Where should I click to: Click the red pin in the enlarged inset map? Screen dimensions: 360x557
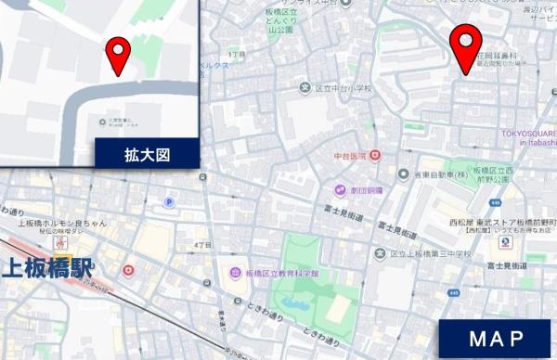click(x=118, y=54)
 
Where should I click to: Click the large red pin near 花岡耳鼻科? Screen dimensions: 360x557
click(x=465, y=46)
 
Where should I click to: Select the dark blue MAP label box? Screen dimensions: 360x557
click(x=497, y=339)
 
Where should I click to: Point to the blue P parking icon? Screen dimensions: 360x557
click(x=169, y=201)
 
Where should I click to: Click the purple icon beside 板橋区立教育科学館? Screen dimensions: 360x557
click(x=237, y=274)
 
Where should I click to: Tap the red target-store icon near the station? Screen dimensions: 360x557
click(x=128, y=271)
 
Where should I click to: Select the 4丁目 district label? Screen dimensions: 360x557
click(x=202, y=244)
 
